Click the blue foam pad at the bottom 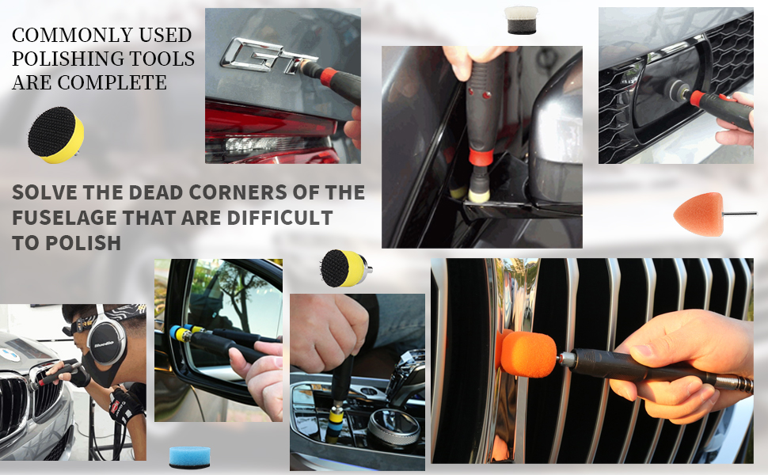pos(189,457)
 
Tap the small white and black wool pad pos(521,20)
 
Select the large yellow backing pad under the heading pos(56,135)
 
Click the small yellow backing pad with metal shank pos(344,268)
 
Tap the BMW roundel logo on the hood pos(10,355)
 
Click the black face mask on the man pos(103,370)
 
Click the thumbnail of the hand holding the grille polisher pos(592,360)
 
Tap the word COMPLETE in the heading pos(112,82)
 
